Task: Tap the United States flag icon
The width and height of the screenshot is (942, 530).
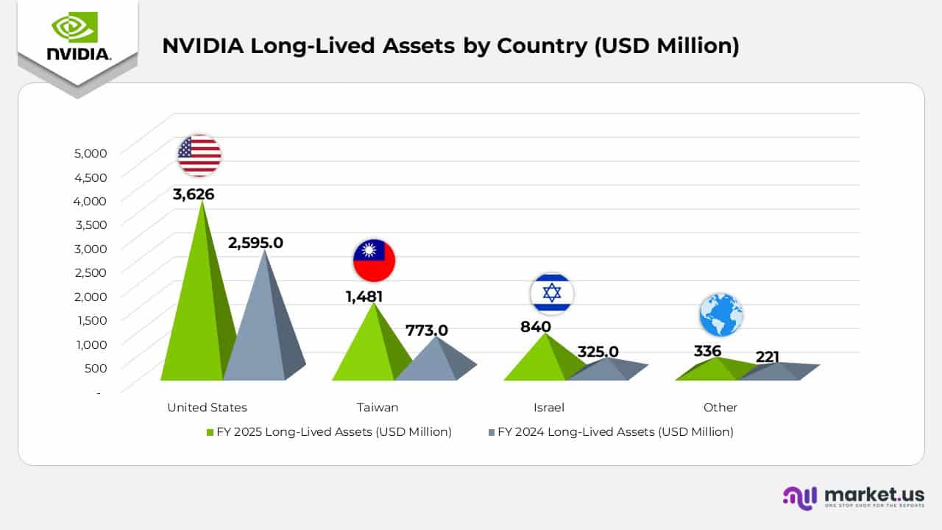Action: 199,155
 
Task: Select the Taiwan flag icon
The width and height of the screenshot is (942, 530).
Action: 374,261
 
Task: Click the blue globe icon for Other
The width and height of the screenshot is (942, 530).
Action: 720,315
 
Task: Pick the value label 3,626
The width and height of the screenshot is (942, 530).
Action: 194,194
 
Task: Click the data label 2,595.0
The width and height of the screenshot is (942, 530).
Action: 255,242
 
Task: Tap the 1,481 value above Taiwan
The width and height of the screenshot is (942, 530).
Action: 364,297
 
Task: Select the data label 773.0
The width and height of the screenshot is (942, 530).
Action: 426,331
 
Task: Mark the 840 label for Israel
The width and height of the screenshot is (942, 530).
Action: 536,327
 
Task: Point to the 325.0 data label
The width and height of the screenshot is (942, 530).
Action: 598,352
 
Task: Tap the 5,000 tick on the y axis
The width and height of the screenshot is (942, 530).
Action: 91,153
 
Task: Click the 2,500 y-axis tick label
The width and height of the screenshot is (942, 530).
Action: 91,272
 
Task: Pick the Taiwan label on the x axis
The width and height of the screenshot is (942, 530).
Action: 378,407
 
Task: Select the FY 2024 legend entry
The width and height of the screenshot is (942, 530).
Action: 611,432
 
